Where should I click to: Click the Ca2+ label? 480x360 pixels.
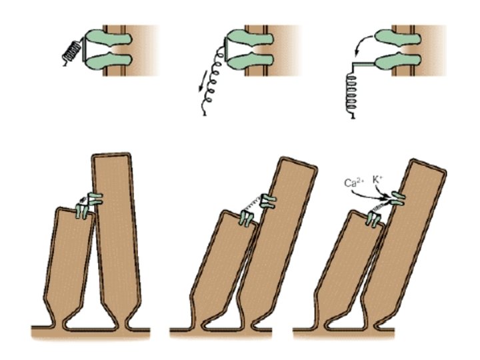(354, 183)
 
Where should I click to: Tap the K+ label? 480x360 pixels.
(378, 180)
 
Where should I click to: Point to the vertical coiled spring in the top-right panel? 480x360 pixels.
(351, 95)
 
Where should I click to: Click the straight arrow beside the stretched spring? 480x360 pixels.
(203, 81)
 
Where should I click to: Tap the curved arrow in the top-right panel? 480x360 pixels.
(363, 45)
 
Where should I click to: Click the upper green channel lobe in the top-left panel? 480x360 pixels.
(108, 38)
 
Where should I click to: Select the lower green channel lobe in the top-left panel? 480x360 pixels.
(109, 61)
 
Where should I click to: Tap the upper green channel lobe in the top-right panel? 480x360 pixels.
(397, 37)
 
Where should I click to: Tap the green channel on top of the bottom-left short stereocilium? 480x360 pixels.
(82, 212)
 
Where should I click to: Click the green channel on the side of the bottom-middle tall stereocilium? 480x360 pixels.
(268, 201)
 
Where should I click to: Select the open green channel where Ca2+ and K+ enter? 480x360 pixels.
(397, 199)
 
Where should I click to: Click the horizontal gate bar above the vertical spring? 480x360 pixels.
(364, 64)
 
